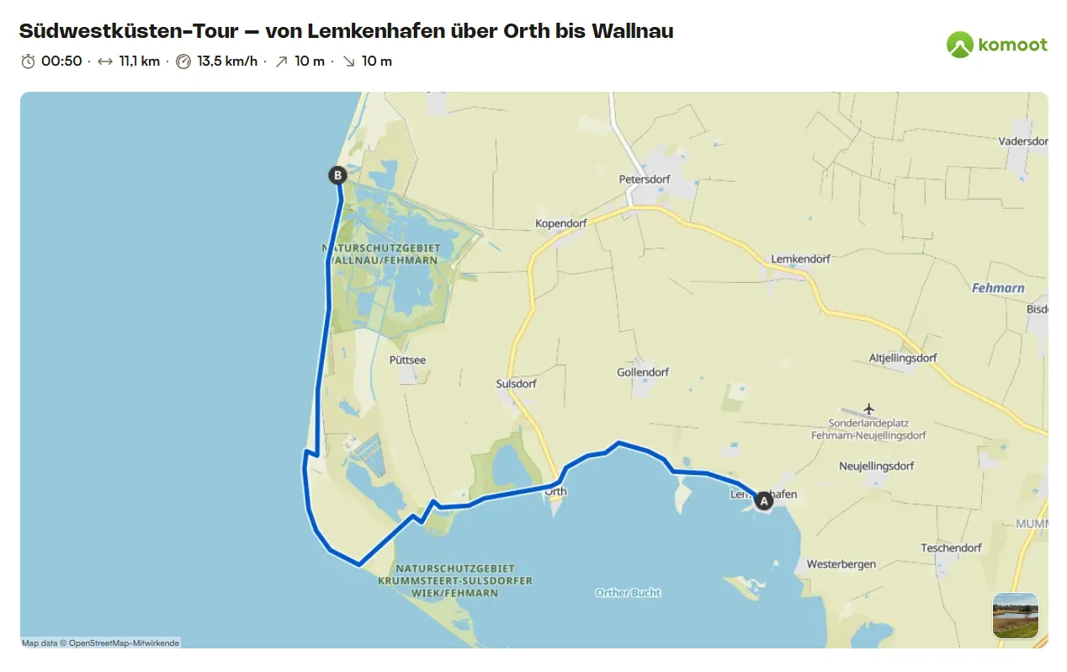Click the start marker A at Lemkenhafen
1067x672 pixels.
click(x=764, y=501)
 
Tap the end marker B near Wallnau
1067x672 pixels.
click(x=337, y=175)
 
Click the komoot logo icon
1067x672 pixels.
click(x=959, y=45)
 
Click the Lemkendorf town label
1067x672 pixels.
click(x=800, y=259)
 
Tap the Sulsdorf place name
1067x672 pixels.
click(x=516, y=384)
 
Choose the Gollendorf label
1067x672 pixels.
click(x=643, y=372)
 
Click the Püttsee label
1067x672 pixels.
click(x=407, y=360)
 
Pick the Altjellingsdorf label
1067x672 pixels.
click(x=903, y=358)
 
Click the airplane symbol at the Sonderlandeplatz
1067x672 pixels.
click(x=868, y=408)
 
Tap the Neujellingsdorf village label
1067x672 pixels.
click(x=876, y=466)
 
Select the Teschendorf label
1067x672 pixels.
click(x=951, y=547)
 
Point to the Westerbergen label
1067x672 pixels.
click(x=841, y=564)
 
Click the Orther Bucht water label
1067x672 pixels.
click(x=628, y=593)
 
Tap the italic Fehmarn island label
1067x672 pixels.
click(x=998, y=288)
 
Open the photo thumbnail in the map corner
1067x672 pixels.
click(x=1015, y=616)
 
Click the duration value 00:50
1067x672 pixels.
click(x=61, y=61)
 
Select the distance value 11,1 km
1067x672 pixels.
click(x=139, y=61)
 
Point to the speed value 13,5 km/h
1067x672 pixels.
click(x=227, y=61)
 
